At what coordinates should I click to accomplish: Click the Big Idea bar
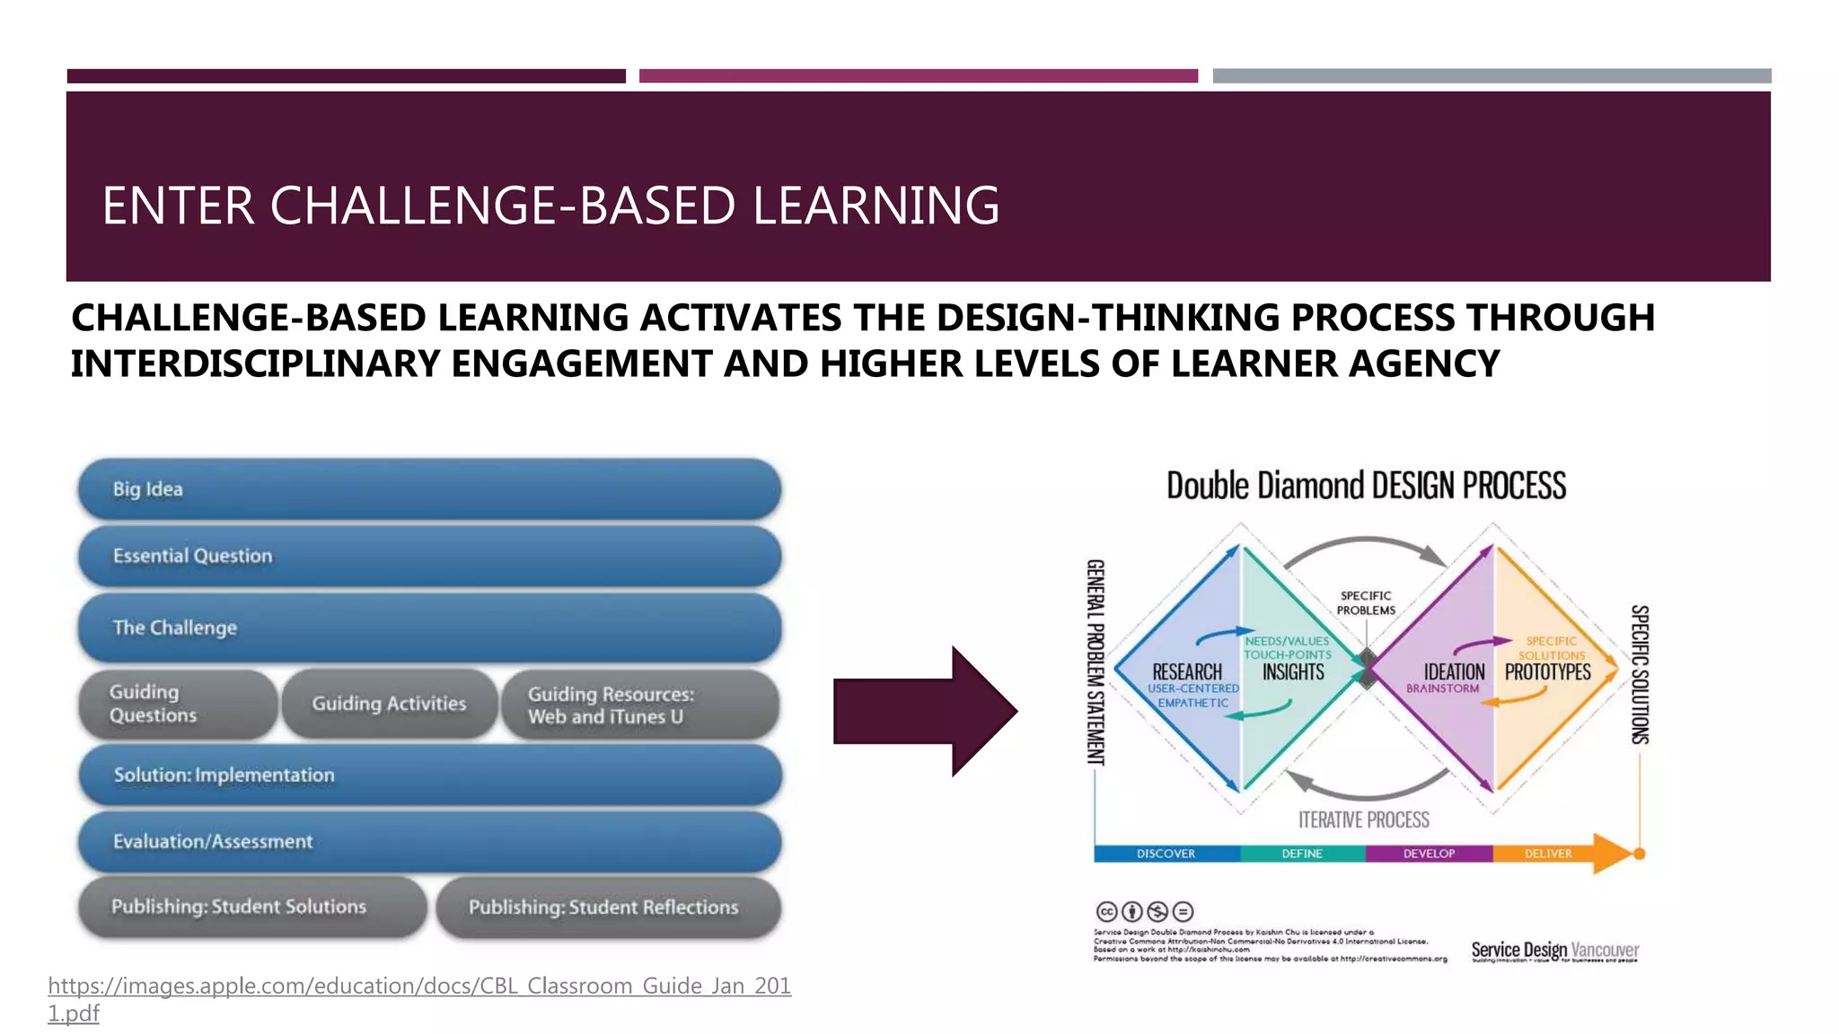click(429, 489)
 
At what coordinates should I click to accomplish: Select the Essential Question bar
click(429, 556)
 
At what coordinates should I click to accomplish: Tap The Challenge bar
click(429, 627)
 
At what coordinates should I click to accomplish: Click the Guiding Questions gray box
click(177, 705)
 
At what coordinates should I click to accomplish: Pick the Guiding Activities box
click(389, 705)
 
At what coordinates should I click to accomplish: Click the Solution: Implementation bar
click(429, 775)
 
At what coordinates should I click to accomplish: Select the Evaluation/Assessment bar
click(429, 842)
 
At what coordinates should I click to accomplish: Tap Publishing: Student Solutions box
click(251, 907)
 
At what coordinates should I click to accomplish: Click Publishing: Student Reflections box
click(608, 907)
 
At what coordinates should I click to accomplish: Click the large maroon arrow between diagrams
click(925, 711)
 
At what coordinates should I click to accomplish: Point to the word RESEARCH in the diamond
click(1186, 672)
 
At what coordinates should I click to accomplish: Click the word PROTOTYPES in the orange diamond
click(1547, 672)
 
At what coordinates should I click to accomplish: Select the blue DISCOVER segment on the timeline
click(1166, 854)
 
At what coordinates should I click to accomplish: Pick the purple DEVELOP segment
click(1428, 854)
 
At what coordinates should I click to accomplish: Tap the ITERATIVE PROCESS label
click(1363, 819)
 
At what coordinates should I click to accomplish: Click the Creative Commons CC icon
click(1106, 912)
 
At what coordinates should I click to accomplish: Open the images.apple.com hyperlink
click(418, 986)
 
